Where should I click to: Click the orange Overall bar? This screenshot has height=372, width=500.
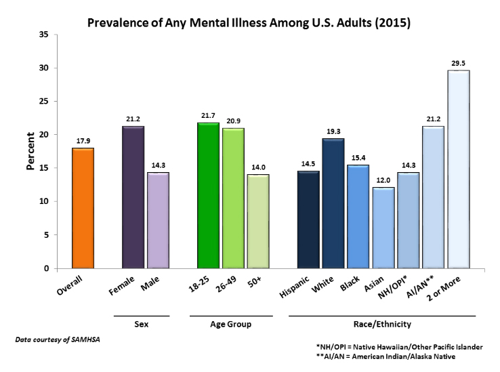point(83,208)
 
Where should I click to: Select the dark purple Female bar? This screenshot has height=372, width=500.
point(133,197)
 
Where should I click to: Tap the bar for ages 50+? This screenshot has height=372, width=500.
point(258,221)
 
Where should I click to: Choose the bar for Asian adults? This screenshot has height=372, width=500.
point(383,228)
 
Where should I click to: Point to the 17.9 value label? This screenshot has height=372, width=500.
point(83,140)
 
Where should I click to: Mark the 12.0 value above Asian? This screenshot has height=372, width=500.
point(383,180)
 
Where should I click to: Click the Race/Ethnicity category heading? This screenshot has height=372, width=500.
point(383,325)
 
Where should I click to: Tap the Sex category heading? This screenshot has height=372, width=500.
point(141,325)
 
